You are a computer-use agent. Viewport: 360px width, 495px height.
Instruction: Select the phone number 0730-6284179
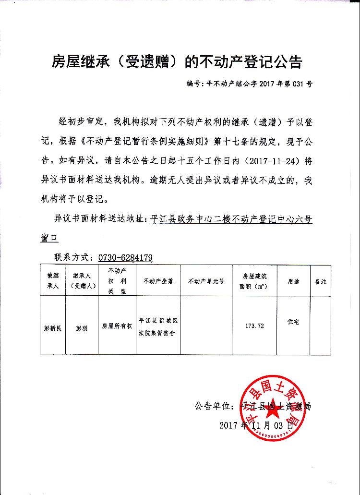tap(125, 257)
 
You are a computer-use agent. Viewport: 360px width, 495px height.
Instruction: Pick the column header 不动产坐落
tap(156, 281)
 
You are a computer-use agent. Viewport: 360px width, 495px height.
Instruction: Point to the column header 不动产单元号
tap(206, 281)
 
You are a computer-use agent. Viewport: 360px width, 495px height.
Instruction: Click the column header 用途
tap(293, 281)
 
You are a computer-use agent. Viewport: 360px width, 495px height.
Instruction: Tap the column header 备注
tap(320, 281)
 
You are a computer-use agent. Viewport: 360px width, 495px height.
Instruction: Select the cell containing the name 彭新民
tap(52, 329)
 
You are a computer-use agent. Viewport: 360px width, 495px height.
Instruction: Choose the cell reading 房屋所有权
tap(117, 326)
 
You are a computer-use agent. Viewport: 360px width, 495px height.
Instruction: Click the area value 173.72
tap(254, 326)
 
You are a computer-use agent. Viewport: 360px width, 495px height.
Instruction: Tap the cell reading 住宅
tap(293, 322)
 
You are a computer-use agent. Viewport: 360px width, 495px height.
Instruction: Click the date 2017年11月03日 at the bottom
tap(256, 425)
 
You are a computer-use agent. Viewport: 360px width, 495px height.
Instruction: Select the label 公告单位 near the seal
tap(214, 406)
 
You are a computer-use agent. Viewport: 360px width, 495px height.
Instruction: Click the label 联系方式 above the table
tap(72, 257)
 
